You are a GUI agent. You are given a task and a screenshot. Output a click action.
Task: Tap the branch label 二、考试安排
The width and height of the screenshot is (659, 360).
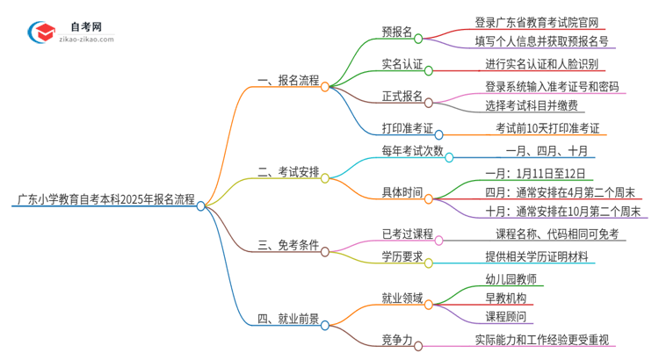(287, 172)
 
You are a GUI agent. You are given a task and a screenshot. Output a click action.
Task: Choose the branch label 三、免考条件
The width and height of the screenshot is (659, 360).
(287, 245)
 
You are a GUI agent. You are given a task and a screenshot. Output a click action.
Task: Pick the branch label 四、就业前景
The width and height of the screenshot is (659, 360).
(287, 319)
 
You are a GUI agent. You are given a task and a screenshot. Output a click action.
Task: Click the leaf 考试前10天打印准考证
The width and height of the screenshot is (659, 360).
(547, 128)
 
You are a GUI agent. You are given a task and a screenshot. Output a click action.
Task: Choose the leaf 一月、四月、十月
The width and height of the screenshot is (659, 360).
(546, 152)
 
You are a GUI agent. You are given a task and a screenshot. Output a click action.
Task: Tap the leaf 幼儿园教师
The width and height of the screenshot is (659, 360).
(511, 280)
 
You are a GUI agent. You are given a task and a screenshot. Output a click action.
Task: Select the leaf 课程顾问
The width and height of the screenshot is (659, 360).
(505, 317)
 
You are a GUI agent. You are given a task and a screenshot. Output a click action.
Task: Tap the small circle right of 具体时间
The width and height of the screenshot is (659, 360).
(428, 199)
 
